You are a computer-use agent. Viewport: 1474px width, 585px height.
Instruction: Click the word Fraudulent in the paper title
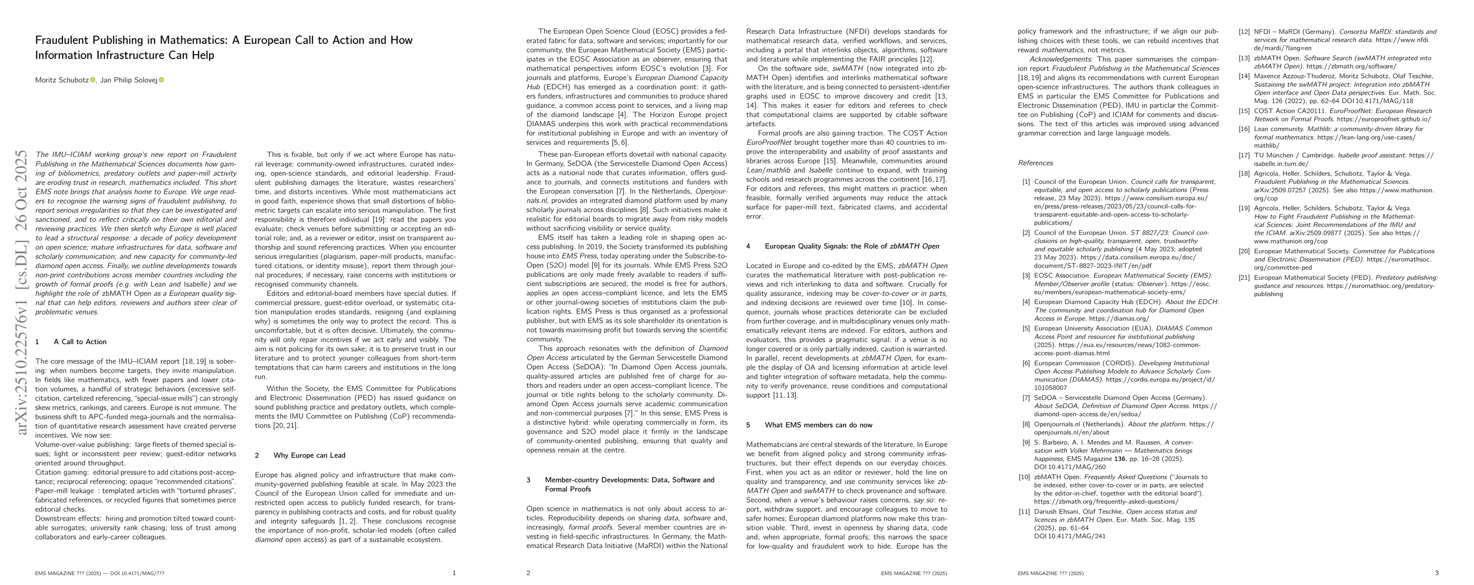62,40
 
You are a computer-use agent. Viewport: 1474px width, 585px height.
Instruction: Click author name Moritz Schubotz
62,80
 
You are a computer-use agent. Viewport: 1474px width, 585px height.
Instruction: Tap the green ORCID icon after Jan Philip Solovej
161,80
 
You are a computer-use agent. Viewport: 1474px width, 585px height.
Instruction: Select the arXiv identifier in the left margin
22,292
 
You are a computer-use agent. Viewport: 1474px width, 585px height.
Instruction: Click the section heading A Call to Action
79,342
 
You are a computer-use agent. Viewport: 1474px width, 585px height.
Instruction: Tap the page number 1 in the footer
454,573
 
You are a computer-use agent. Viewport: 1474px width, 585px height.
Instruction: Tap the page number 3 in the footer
1437,573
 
